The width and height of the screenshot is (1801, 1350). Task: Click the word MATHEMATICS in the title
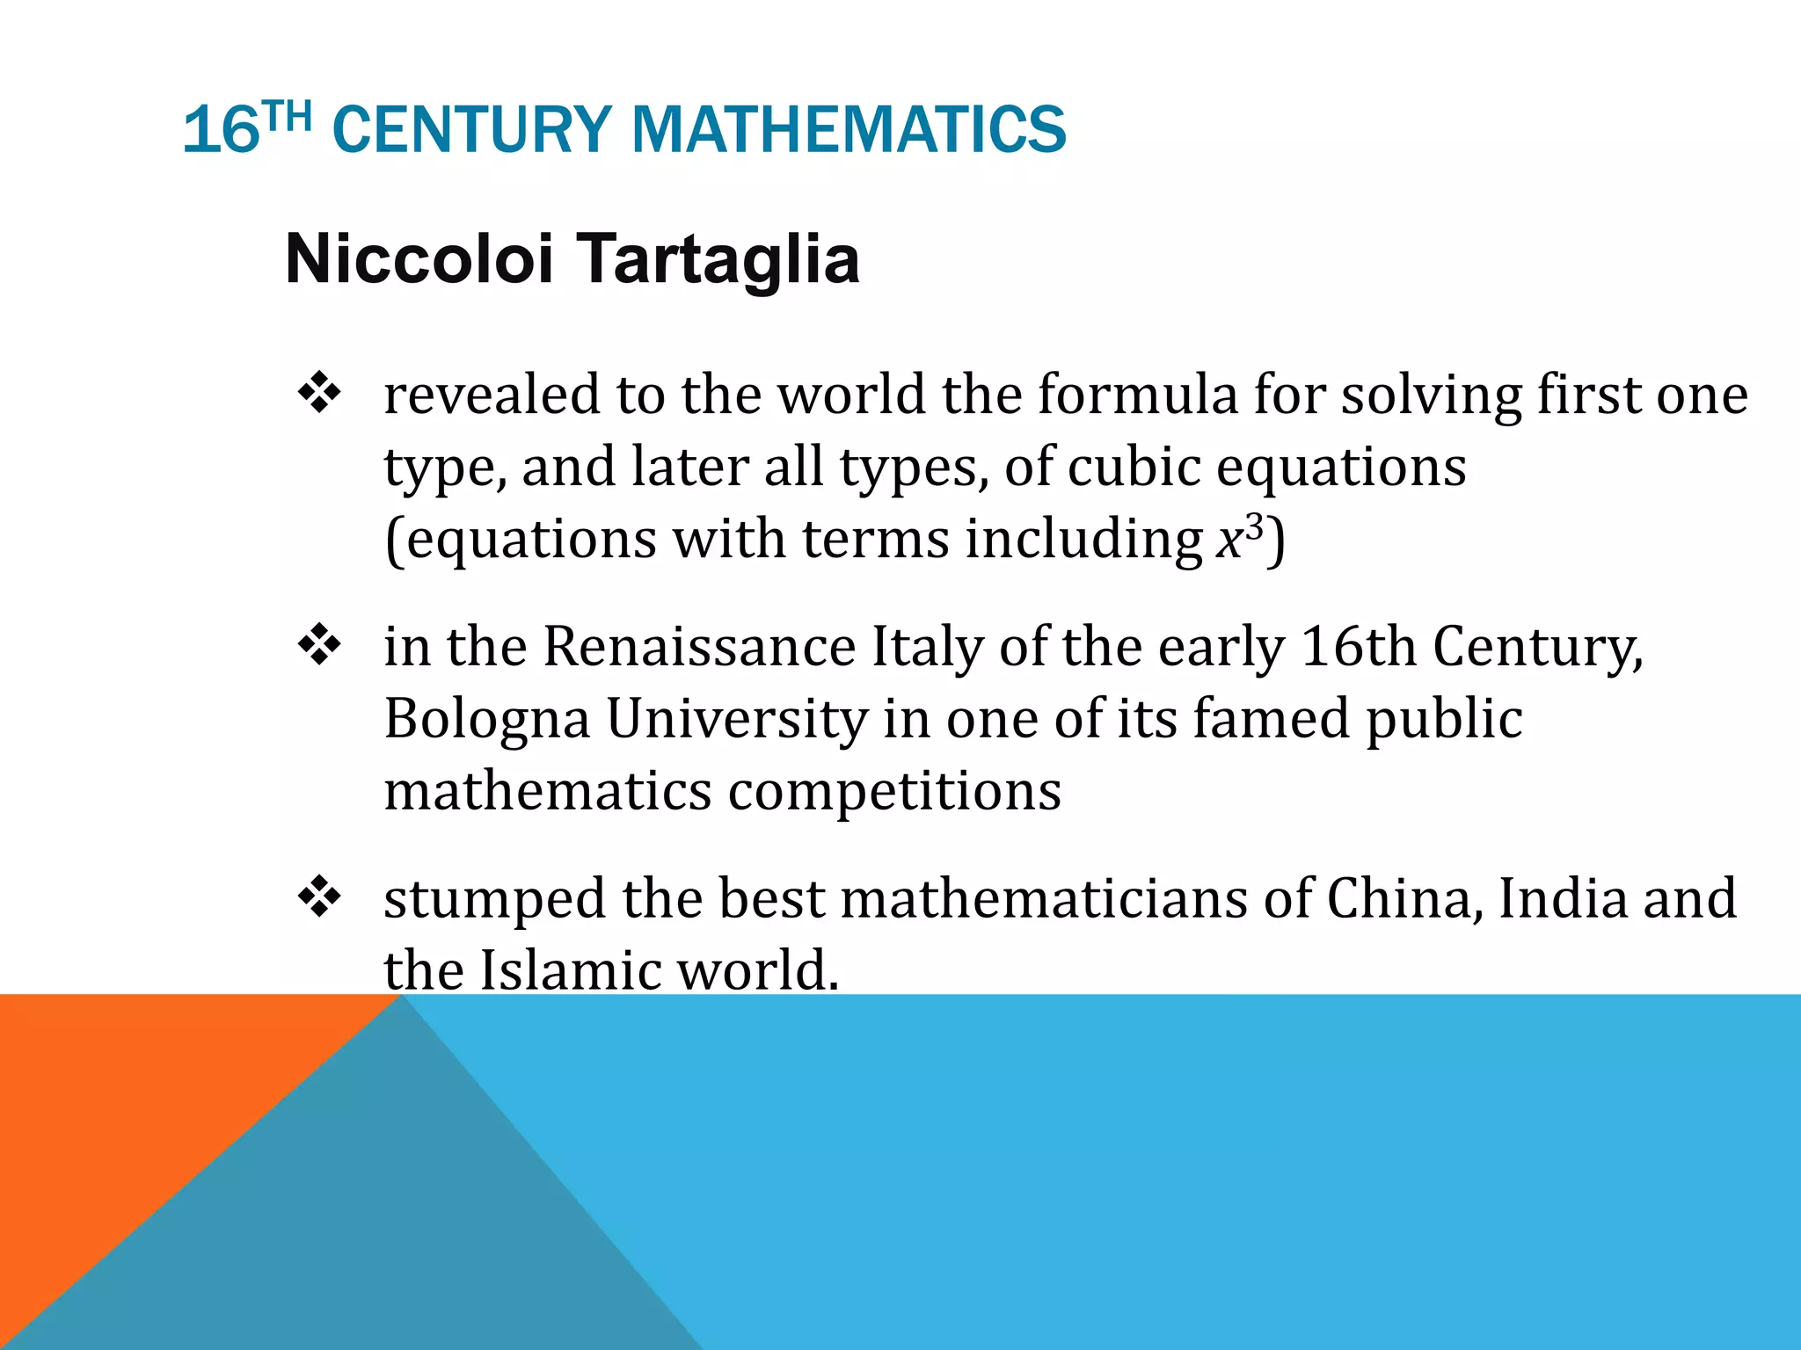[x=849, y=130]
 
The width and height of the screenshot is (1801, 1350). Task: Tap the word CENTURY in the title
[x=472, y=130]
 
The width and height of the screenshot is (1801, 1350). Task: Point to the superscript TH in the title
[x=288, y=116]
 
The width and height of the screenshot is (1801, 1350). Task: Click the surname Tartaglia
[x=718, y=259]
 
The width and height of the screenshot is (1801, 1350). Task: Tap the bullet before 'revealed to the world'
[x=319, y=393]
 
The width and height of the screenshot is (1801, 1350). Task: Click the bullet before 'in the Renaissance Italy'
[x=319, y=646]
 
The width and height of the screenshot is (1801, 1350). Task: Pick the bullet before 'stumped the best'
[x=319, y=897]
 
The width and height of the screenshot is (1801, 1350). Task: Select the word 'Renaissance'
[x=699, y=647]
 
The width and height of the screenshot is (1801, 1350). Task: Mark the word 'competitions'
[x=894, y=791]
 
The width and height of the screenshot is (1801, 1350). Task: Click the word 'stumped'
[x=494, y=900]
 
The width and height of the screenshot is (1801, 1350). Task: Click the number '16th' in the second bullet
[x=1358, y=647]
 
